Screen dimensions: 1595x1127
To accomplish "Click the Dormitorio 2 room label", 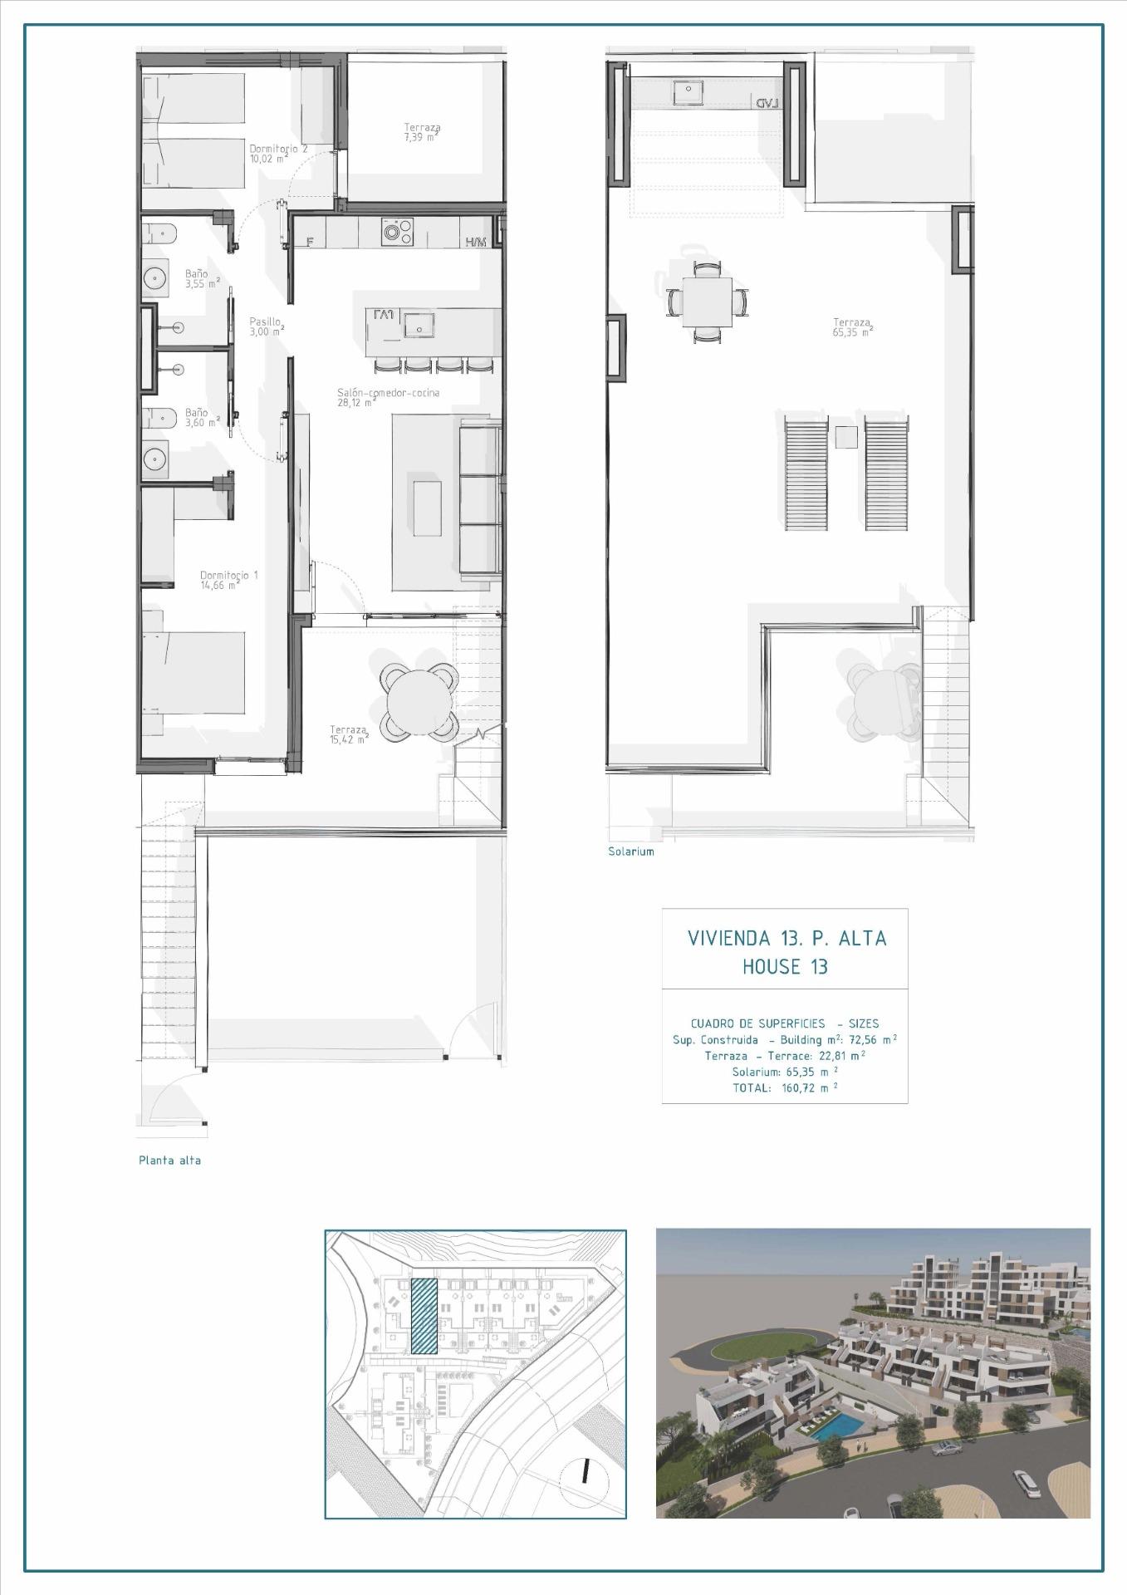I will coord(278,149).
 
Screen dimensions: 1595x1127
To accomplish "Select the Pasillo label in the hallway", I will coord(266,321).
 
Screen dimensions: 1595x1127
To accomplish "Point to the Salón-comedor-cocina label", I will coord(388,393).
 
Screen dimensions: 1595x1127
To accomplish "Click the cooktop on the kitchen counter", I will coord(399,232).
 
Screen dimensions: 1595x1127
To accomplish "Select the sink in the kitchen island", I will coord(420,325).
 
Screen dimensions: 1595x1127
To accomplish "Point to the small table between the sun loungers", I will coord(845,436).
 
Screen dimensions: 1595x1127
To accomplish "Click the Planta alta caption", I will coord(169,1161).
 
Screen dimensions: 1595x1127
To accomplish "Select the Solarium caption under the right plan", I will coord(630,851).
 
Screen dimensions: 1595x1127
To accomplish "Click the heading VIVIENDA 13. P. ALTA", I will coord(786,939).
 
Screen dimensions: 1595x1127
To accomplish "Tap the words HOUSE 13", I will coord(785,967).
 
